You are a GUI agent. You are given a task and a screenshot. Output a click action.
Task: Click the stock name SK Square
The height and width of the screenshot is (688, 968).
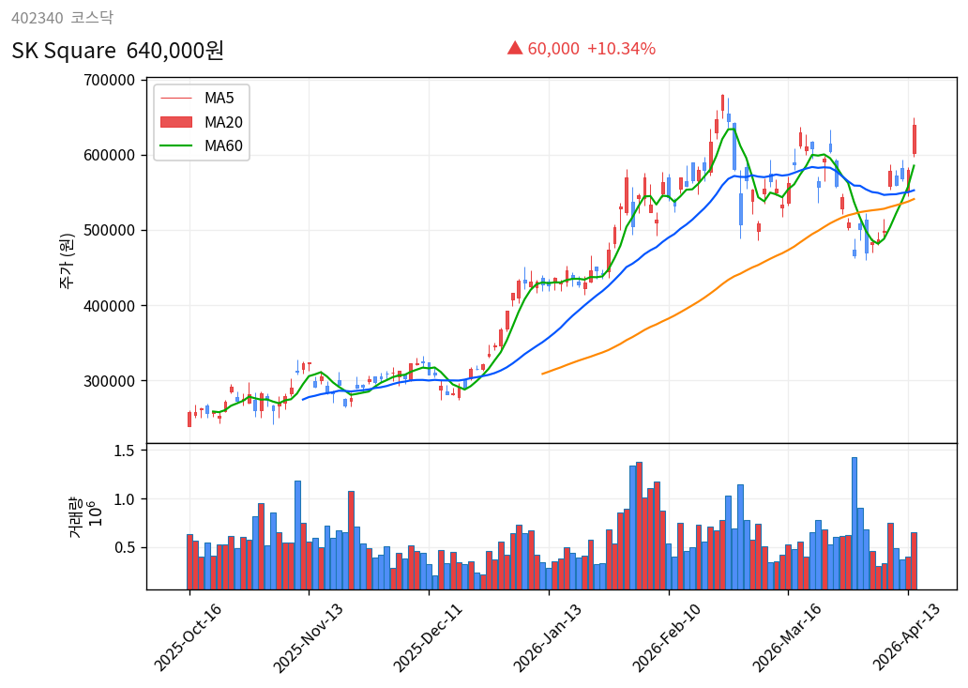[x=64, y=51]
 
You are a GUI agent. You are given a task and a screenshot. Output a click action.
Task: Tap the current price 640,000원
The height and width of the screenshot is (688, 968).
[x=175, y=51]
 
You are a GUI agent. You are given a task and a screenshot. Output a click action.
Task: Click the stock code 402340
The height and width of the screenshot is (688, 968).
[x=37, y=18]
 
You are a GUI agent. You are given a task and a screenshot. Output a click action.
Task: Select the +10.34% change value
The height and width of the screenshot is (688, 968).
[x=621, y=49]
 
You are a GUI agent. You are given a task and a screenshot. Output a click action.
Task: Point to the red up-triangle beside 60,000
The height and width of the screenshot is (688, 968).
[x=515, y=48]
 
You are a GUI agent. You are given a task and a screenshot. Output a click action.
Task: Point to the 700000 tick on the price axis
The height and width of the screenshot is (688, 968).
[x=109, y=81]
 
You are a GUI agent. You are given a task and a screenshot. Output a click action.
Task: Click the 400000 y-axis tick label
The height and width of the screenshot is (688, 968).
[x=109, y=306]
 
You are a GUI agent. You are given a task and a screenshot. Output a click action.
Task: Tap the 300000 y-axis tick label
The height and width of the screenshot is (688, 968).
[x=109, y=381]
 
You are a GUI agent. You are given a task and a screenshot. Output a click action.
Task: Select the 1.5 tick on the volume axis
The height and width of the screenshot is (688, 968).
[x=125, y=451]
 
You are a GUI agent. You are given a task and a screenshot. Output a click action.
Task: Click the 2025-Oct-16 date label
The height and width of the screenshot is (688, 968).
[x=188, y=637]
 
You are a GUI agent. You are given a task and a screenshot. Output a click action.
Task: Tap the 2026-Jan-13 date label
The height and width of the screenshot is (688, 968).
[x=547, y=637]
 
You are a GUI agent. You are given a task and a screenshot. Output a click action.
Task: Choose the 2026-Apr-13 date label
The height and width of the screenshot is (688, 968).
[x=906, y=637]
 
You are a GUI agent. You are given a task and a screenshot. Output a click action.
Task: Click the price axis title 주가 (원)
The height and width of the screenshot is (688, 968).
[x=67, y=260]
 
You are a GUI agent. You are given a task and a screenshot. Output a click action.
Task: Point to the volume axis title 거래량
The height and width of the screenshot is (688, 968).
[x=75, y=518]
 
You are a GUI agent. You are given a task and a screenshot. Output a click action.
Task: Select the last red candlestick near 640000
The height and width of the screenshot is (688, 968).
[x=914, y=139]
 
